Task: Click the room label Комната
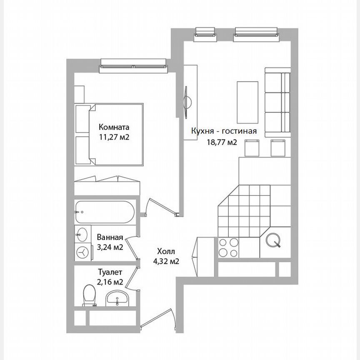[114, 127]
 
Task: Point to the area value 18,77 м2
[222, 142]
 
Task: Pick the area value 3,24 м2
[110, 247]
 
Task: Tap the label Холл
[167, 252]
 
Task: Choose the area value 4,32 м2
[167, 262]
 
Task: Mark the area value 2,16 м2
[110, 282]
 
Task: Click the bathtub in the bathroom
[105, 212]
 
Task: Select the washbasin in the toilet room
[117, 298]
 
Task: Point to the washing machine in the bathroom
[84, 252]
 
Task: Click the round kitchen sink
[275, 240]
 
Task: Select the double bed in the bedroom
[110, 134]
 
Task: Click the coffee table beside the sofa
[244, 100]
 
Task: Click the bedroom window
[133, 65]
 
